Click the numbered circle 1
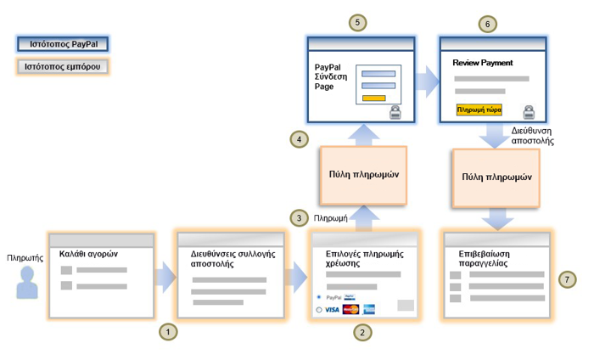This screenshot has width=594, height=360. [x=169, y=331]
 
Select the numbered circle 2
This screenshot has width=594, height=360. [x=362, y=331]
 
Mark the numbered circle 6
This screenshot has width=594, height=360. [x=486, y=24]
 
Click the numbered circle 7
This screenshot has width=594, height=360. [x=569, y=278]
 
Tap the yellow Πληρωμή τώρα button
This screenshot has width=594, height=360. [x=479, y=110]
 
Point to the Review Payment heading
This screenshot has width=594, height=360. [x=483, y=63]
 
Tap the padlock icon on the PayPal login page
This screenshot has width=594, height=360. [x=395, y=115]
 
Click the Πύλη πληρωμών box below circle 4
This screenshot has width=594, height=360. [x=362, y=174]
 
